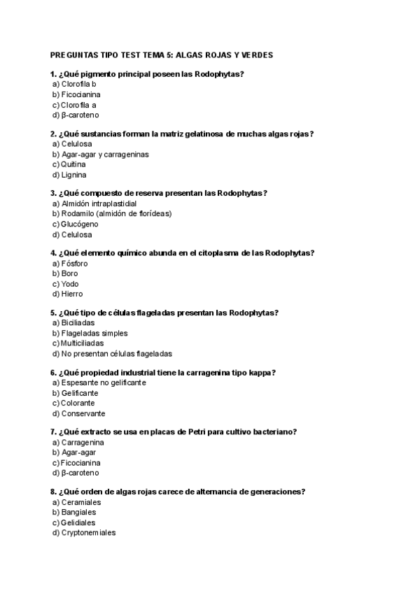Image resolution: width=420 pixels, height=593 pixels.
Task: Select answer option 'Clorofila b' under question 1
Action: [x=78, y=84]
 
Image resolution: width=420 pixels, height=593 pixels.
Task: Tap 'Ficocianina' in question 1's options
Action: [x=80, y=94]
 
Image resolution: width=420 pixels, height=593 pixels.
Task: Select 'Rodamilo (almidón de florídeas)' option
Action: [x=116, y=214]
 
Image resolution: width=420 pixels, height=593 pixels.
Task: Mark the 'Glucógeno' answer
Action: [x=79, y=224]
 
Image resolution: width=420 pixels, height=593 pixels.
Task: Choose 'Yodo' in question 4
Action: [x=70, y=284]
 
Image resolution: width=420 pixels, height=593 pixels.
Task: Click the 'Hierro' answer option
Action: [x=72, y=294]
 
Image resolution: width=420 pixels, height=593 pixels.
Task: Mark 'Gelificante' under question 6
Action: [x=80, y=393]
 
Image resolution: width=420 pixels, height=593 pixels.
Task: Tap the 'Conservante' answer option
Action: [x=83, y=413]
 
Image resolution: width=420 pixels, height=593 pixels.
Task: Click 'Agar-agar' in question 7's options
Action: [x=78, y=452]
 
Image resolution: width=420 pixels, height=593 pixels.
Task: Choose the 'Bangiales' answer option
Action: [x=78, y=513]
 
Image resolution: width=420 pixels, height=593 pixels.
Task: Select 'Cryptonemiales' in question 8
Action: [x=88, y=533]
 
